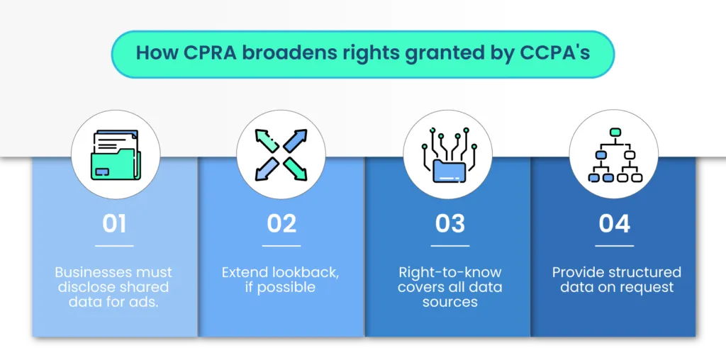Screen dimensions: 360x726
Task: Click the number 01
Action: tap(114, 223)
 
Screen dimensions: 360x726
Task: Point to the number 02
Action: tap(281, 223)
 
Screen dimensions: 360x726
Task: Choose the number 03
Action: tap(449, 223)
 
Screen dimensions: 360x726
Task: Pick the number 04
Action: tap(614, 223)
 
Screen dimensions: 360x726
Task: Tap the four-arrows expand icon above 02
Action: tap(281, 154)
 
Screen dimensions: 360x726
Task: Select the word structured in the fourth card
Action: tap(645, 273)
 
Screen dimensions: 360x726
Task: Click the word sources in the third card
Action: tap(449, 302)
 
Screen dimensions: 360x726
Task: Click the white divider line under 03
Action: tap(449, 246)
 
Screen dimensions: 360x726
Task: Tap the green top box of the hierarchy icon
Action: tap(615, 133)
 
